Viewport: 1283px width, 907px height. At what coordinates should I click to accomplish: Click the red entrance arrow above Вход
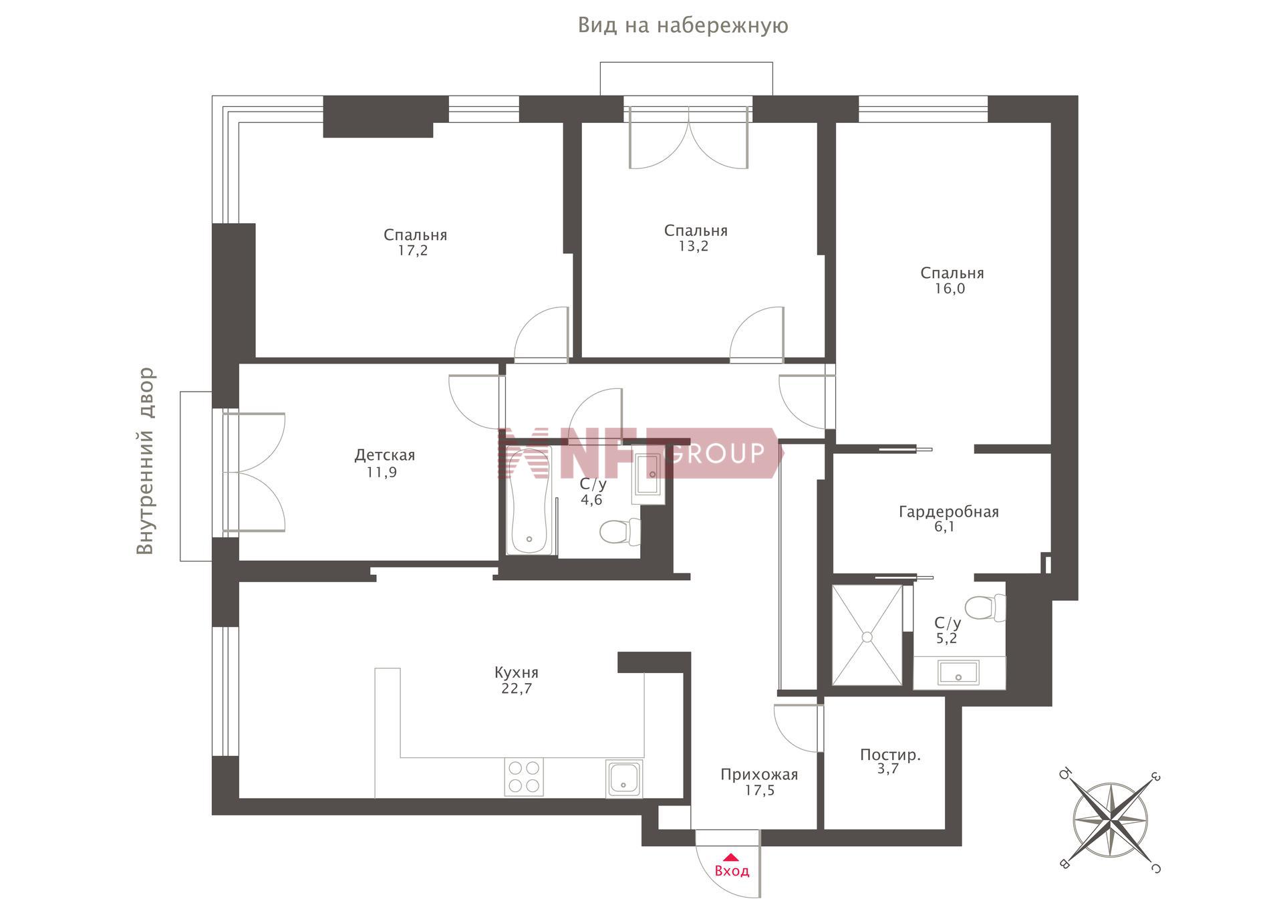click(731, 857)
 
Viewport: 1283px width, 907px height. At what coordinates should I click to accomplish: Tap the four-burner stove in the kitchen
click(524, 777)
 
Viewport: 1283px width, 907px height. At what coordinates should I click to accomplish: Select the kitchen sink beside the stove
click(624, 778)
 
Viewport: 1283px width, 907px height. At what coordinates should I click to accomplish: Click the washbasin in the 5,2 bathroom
click(959, 672)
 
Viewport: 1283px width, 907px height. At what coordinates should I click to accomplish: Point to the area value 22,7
click(517, 688)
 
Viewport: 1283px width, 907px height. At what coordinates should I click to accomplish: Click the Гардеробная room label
click(948, 512)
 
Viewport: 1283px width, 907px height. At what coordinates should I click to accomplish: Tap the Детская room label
click(384, 455)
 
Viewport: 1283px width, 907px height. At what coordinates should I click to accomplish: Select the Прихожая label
click(759, 775)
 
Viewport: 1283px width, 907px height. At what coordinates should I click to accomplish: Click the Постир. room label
click(890, 755)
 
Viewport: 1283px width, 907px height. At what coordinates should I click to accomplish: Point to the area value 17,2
click(413, 251)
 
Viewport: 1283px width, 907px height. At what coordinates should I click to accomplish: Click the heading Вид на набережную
click(683, 25)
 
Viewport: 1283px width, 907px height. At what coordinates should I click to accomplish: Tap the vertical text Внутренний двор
click(145, 461)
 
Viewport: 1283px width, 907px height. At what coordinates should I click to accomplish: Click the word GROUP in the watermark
click(716, 453)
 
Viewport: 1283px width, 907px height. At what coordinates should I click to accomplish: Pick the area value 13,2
click(694, 246)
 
